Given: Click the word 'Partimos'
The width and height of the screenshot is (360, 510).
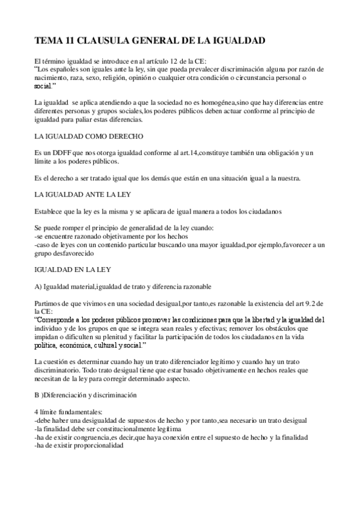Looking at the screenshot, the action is click(x=49, y=304).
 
